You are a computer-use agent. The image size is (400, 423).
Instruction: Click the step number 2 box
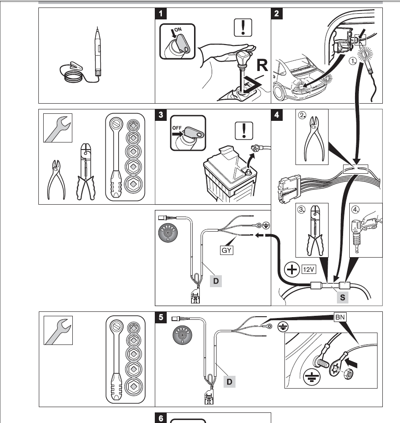pos(277,13)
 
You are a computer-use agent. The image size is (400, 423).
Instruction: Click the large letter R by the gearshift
pos(262,66)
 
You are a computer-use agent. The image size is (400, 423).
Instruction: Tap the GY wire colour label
pos(226,251)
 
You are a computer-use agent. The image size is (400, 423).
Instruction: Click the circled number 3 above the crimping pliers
pos(302,210)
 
